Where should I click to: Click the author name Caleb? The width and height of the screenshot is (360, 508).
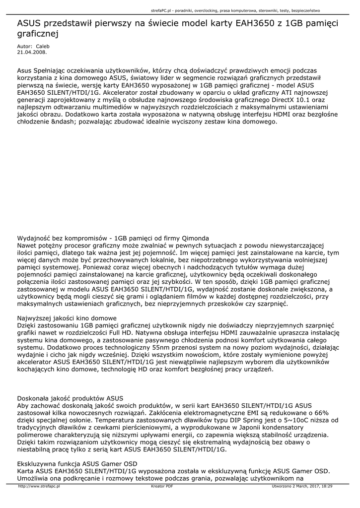[43, 46]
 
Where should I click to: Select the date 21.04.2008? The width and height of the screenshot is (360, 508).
[32, 51]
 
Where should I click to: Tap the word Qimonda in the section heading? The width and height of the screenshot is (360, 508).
[194, 238]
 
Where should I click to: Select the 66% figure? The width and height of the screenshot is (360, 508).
[322, 413]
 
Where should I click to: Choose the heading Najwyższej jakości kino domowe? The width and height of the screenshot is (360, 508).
[67, 318]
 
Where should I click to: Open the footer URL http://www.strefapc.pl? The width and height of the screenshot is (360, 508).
[39, 487]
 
